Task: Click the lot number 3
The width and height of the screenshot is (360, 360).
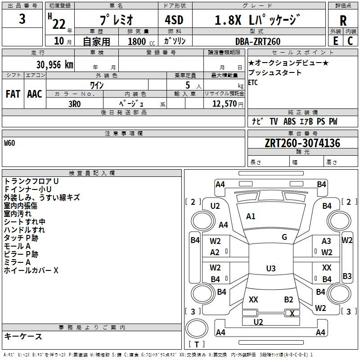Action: tap(22, 19)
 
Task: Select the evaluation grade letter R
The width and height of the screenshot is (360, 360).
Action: tap(343, 20)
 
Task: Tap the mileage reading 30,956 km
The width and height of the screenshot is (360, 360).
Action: tap(54, 65)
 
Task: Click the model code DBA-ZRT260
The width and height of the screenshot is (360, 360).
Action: tap(258, 41)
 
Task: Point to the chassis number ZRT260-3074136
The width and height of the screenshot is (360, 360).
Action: tap(302, 143)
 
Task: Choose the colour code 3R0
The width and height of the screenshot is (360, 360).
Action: tap(75, 104)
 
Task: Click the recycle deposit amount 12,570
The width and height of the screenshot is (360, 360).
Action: tap(224, 104)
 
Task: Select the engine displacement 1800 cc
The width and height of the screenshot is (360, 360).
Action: tap(141, 41)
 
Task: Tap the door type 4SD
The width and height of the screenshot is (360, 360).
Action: tap(174, 20)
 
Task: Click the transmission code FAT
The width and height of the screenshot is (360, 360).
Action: tap(13, 94)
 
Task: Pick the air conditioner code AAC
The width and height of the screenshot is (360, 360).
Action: tap(35, 94)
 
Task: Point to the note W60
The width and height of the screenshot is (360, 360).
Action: tap(9, 143)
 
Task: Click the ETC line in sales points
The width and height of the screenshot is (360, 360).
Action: tap(253, 82)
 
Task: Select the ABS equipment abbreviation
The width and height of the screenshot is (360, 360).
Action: tap(289, 121)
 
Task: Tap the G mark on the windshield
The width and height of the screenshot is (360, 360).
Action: tap(284, 237)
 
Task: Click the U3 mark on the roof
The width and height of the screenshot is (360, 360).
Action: tap(271, 268)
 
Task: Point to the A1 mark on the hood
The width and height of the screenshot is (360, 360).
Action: tap(251, 216)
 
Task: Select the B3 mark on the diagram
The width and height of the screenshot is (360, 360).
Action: tap(347, 276)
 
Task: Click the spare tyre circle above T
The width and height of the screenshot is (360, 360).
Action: tap(197, 328)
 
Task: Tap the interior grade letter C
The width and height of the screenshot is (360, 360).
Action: tap(350, 41)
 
